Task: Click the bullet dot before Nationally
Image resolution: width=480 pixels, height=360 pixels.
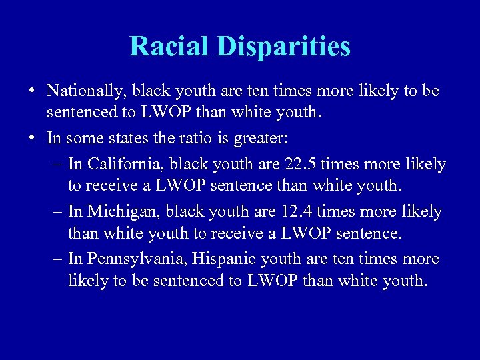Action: click(x=31, y=91)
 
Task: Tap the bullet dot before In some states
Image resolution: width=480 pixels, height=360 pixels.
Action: click(x=31, y=138)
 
